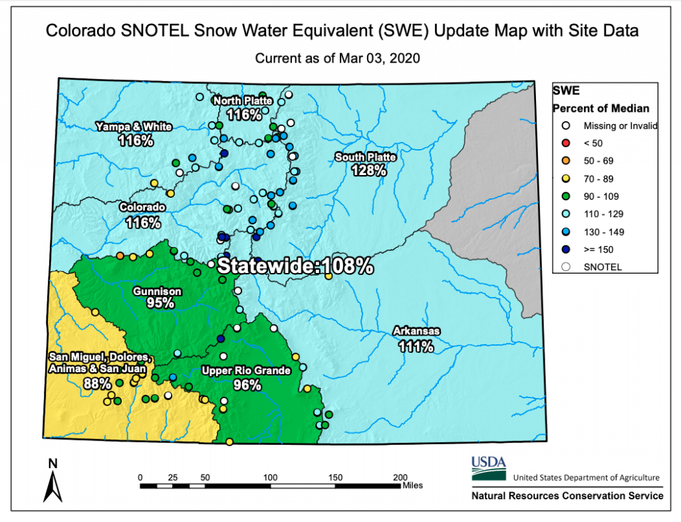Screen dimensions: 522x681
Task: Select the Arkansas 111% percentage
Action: click(x=416, y=346)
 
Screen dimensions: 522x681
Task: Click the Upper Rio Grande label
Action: click(x=245, y=370)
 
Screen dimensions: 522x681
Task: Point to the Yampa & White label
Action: click(x=134, y=127)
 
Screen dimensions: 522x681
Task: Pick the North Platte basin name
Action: click(x=243, y=101)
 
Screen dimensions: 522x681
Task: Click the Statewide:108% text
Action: click(x=295, y=266)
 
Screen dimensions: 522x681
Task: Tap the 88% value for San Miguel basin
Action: click(x=97, y=384)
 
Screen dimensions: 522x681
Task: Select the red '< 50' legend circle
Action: click(x=566, y=142)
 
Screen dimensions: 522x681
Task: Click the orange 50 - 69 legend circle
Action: click(x=566, y=160)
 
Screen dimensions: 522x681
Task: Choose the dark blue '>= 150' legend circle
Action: click(x=566, y=249)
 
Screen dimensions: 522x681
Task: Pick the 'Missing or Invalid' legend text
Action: click(x=620, y=125)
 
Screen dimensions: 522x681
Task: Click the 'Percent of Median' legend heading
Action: click(x=592, y=109)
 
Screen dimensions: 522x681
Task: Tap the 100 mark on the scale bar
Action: click(x=270, y=478)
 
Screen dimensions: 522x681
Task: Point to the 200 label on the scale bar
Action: click(x=400, y=478)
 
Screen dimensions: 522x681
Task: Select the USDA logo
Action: click(x=488, y=468)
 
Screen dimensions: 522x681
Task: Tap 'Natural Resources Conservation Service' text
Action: click(x=567, y=496)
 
